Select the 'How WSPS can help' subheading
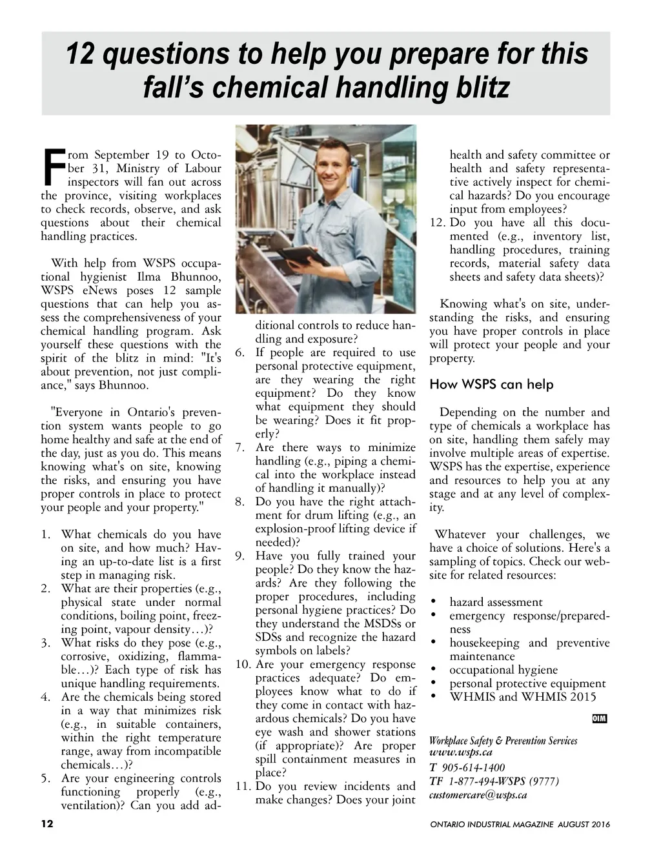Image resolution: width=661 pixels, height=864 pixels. click(x=491, y=385)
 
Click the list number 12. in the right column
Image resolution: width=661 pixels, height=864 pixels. click(x=438, y=223)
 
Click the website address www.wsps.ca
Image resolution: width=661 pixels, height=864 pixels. click(x=461, y=752)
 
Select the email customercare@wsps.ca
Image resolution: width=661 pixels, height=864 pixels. click(x=478, y=795)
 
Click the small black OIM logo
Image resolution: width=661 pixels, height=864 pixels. click(x=599, y=719)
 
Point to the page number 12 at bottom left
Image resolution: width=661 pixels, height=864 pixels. click(x=47, y=824)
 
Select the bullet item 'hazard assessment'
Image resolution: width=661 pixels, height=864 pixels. click(x=496, y=602)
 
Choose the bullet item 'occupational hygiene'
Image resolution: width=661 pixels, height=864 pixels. click(x=503, y=670)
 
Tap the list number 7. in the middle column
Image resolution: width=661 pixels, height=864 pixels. click(x=239, y=448)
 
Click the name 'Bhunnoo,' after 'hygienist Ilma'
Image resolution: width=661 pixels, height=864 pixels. click(x=194, y=277)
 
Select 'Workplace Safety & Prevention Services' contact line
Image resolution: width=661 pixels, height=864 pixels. click(x=503, y=741)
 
